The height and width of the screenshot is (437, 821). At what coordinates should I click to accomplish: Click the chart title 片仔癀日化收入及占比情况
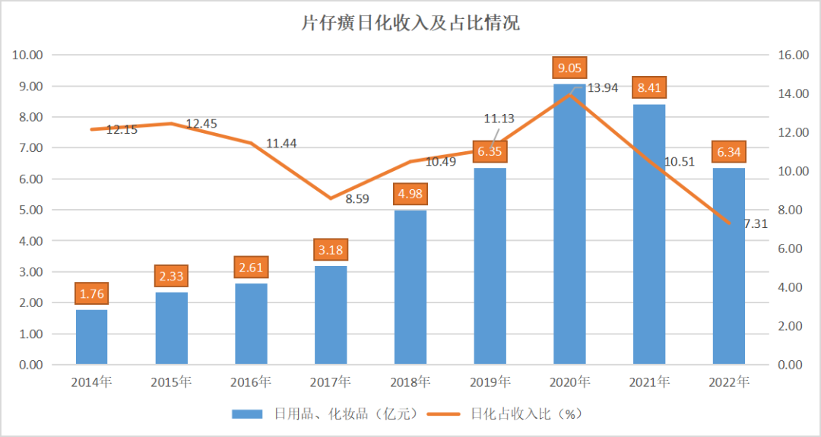410,23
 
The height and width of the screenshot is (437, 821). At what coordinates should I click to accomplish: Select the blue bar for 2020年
569,228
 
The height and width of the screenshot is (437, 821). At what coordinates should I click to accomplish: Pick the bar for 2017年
331,315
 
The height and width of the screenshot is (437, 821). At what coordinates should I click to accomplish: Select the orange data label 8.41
649,88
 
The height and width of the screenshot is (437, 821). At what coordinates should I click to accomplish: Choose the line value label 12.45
201,123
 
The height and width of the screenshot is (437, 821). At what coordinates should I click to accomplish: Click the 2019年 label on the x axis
490,382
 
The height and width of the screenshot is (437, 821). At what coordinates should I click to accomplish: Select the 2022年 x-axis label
729,382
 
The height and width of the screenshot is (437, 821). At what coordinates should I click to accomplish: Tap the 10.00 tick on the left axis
27,55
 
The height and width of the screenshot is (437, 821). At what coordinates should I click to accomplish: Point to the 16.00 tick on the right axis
792,55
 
